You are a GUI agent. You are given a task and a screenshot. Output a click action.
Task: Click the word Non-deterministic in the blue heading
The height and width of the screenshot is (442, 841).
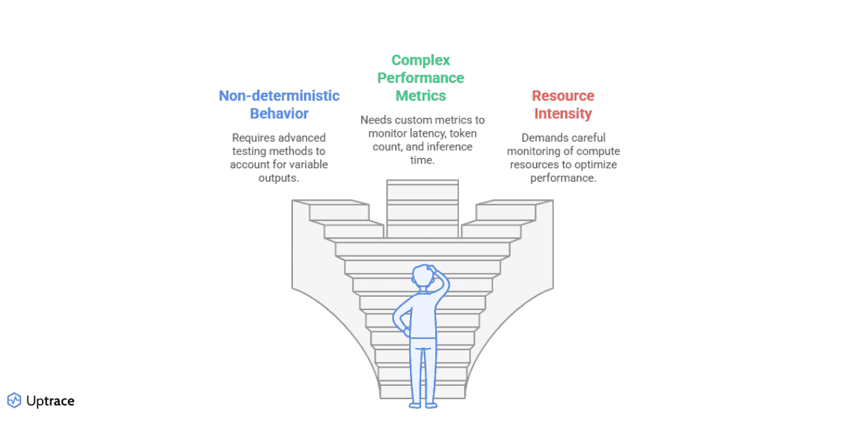[279, 95]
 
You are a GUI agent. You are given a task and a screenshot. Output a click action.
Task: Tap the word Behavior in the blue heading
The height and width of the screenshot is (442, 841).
[279, 113]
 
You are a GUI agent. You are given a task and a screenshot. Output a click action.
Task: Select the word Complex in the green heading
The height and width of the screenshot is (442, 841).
[420, 60]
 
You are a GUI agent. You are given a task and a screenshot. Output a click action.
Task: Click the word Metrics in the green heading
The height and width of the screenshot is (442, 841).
[420, 95]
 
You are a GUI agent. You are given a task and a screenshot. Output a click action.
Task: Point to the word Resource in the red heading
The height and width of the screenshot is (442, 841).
[562, 95]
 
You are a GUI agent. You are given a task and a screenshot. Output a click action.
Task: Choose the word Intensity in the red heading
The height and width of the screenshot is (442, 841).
[562, 113]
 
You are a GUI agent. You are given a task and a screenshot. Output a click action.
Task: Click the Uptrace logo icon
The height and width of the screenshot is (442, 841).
[14, 401]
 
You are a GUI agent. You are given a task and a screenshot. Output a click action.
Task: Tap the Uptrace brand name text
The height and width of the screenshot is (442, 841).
[50, 401]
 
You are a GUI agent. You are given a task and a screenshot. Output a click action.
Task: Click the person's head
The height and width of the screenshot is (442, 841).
[423, 276]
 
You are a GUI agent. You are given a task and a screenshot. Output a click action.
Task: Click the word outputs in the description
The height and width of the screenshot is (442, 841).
[278, 178]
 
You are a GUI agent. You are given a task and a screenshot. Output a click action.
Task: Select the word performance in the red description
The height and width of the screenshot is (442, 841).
[563, 178]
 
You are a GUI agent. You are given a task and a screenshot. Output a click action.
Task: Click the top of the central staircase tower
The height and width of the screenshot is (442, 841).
[422, 184]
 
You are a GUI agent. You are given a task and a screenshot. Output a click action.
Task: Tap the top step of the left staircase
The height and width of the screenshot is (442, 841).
[339, 208]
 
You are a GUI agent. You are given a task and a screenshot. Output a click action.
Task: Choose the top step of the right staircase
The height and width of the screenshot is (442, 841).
[506, 208]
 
